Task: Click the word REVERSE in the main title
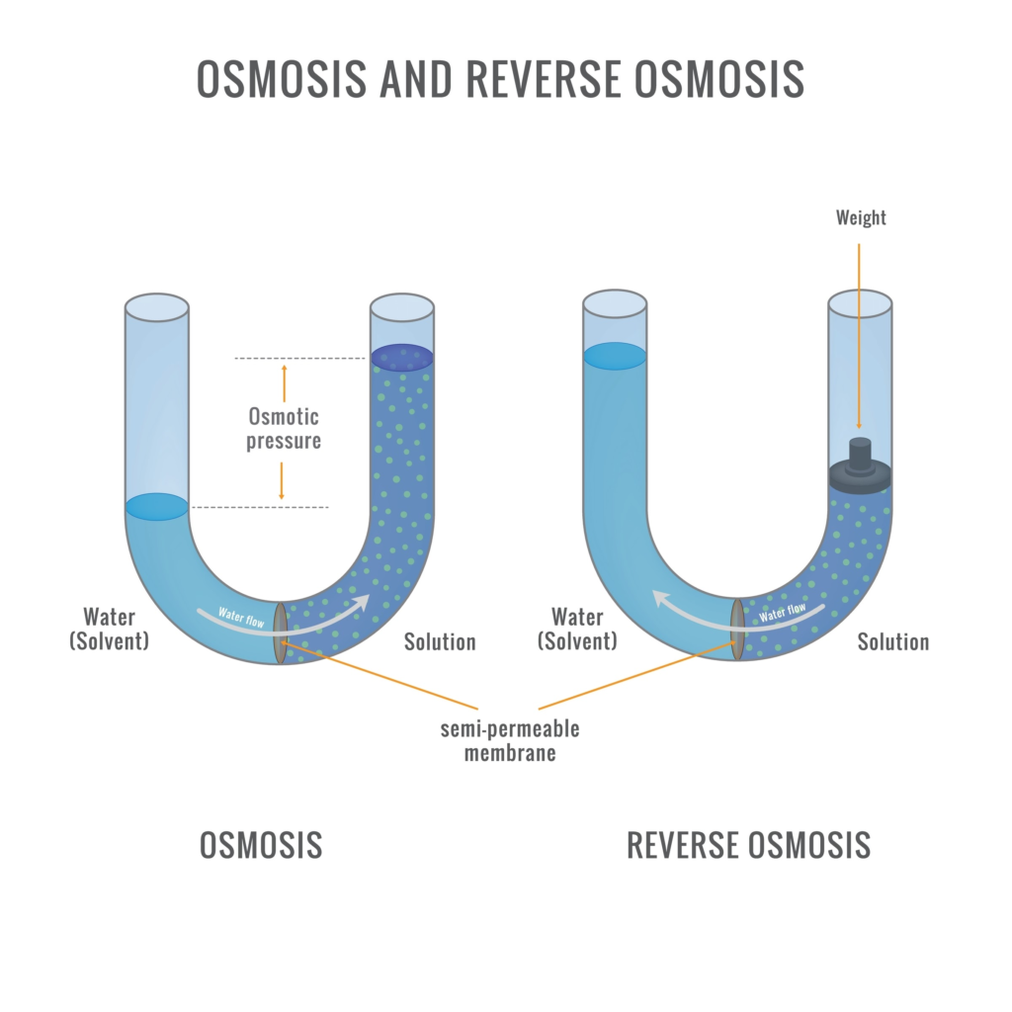[x=540, y=78]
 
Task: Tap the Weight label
[x=860, y=217]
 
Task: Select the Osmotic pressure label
[x=284, y=428]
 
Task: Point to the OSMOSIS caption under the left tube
[x=261, y=845]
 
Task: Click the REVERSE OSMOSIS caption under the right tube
[x=748, y=845]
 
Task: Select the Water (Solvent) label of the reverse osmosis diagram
[x=577, y=630]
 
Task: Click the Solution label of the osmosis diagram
[x=440, y=642]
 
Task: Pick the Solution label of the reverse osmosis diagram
[x=892, y=642]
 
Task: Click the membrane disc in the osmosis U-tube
[x=281, y=632]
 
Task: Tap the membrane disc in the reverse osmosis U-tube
[x=737, y=629]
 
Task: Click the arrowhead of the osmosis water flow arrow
[x=365, y=602]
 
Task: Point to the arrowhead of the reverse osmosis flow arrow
[x=656, y=597]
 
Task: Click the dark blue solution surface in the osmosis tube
[x=402, y=358]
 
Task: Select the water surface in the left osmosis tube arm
[x=156, y=507]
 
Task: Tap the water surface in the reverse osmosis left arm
[x=614, y=356]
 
